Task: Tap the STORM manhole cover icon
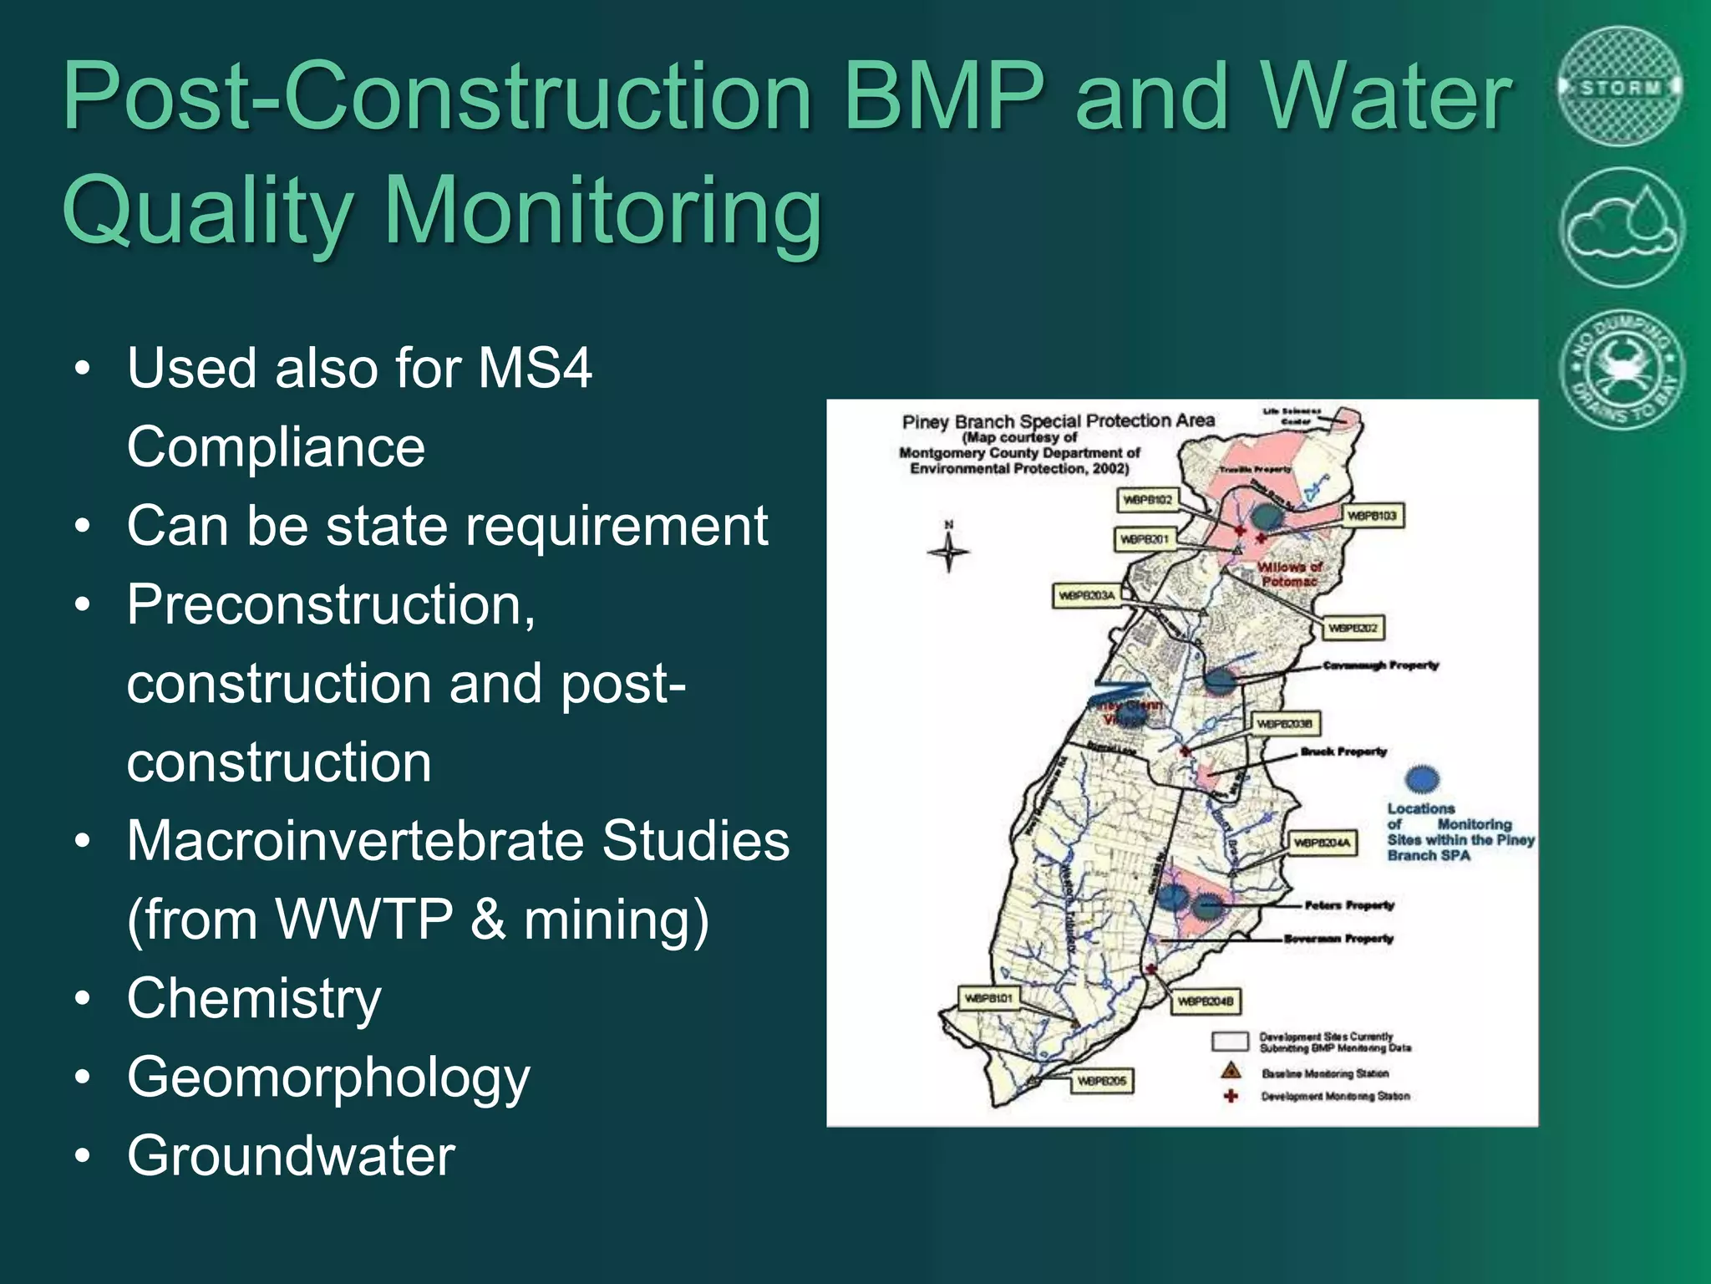tap(1621, 87)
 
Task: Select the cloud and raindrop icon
tap(1621, 227)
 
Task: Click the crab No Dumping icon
tap(1621, 369)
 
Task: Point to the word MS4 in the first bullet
tap(535, 368)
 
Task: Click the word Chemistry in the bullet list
tap(254, 998)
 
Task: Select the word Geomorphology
tap(328, 1078)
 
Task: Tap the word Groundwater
tap(291, 1156)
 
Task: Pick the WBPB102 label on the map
tap(1148, 500)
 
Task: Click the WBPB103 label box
tap(1372, 516)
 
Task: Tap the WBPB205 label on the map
tap(1101, 1081)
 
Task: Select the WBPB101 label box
tap(988, 998)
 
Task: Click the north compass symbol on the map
tap(948, 550)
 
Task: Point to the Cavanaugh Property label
tap(1380, 665)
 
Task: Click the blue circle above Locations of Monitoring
tap(1422, 779)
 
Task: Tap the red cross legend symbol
tap(1231, 1095)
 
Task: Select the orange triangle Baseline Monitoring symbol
tap(1231, 1071)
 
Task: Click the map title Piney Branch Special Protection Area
tap(1058, 421)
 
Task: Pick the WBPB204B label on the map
tap(1206, 1001)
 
